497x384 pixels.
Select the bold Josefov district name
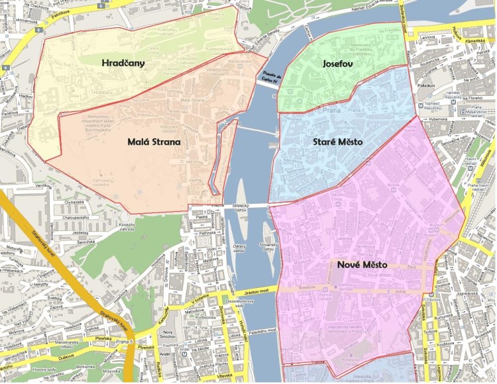[x=336, y=64]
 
